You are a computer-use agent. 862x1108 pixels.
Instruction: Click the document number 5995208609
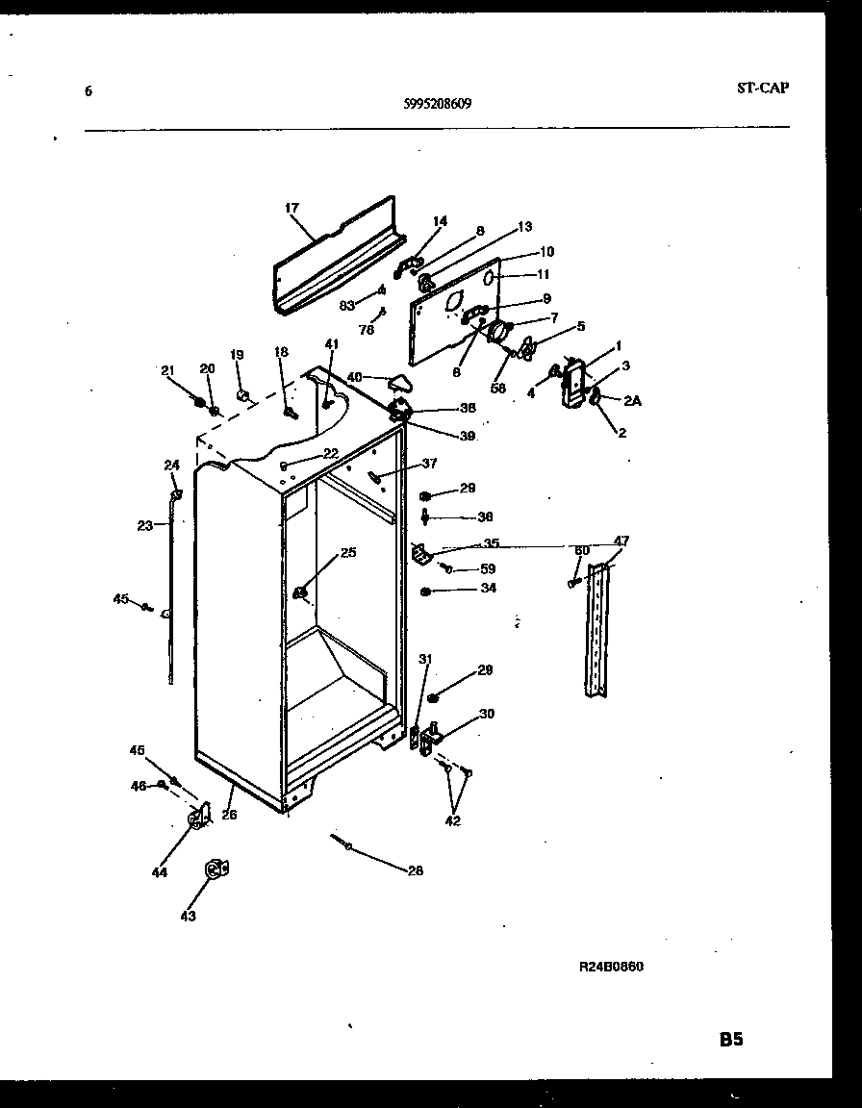point(438,107)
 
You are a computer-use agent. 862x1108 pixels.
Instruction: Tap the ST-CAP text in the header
point(762,88)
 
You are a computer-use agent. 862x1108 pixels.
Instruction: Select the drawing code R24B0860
point(611,967)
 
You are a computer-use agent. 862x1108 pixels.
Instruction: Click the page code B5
point(731,1039)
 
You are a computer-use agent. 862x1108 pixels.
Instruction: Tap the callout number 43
point(188,917)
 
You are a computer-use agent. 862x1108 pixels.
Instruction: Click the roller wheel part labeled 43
point(215,869)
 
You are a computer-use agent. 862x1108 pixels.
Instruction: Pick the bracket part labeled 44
point(199,818)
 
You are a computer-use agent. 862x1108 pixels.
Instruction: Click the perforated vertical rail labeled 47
point(597,630)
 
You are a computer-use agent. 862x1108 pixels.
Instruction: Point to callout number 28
point(415,871)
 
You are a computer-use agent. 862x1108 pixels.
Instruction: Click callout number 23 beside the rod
point(144,525)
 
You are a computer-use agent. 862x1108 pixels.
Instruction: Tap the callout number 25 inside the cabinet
point(347,552)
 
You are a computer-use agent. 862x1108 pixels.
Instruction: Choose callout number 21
point(167,370)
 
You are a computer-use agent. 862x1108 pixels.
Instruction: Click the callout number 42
point(453,821)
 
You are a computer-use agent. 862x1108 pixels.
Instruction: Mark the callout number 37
point(429,463)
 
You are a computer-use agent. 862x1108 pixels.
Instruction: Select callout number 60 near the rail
point(581,550)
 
